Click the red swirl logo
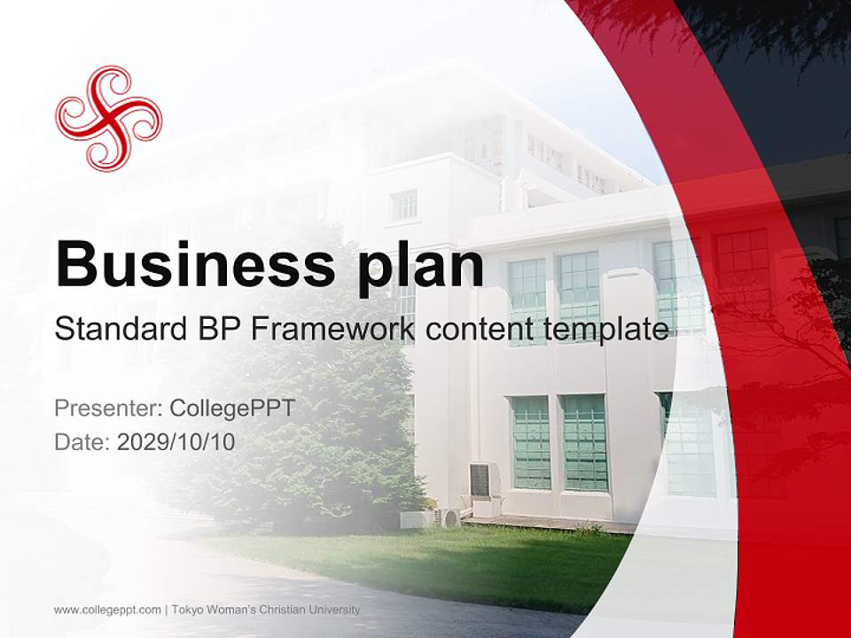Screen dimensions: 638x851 point(108,117)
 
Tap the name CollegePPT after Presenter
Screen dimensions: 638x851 point(229,408)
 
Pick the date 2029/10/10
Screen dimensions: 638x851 point(176,441)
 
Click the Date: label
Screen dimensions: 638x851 point(82,441)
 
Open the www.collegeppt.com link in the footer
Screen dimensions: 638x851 point(107,610)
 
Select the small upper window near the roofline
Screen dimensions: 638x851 point(403,206)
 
